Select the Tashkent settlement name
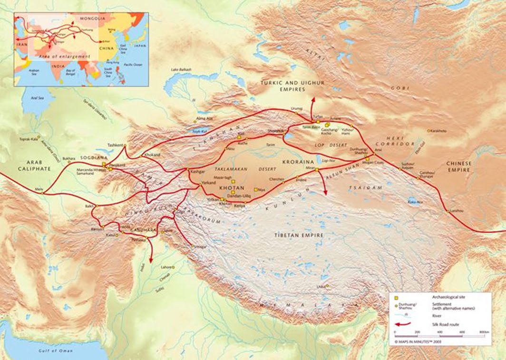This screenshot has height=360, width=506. coord(116,145)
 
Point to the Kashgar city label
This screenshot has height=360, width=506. coord(197,170)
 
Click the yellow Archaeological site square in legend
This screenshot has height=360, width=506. coord(396,297)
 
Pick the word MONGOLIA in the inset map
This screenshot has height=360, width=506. coord(92,19)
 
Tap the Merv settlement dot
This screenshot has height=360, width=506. coord(42,193)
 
